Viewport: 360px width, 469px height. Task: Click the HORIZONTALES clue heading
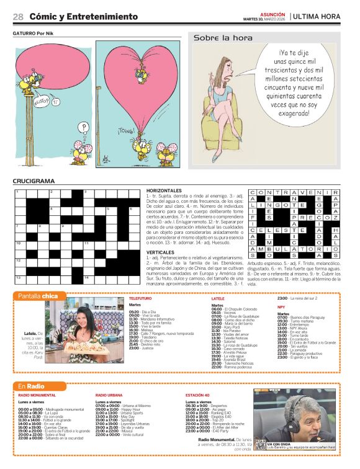pos(164,190)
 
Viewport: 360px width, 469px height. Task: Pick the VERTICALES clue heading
pos(161,252)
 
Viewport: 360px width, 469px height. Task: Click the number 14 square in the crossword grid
pos(86,277)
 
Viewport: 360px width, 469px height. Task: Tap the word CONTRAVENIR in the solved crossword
pos(294,192)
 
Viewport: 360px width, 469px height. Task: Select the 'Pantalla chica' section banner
pos(38,295)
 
